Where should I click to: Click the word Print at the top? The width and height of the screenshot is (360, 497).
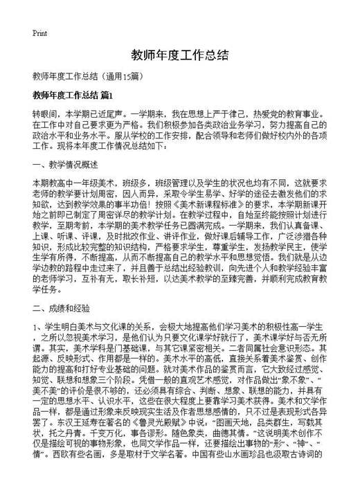click(x=39, y=33)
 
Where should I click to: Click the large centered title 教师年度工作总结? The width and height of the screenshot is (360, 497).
click(x=179, y=55)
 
